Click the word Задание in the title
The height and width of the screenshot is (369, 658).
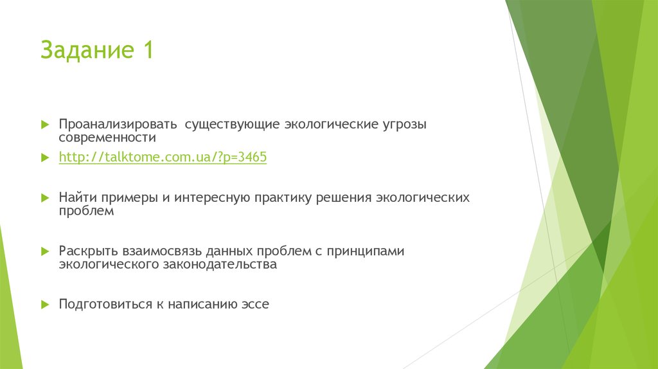pyautogui.click(x=84, y=50)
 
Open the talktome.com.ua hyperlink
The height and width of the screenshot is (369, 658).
pyautogui.click(x=163, y=157)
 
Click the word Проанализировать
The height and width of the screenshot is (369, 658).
pyautogui.click(x=117, y=123)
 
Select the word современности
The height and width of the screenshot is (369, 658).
pyautogui.click(x=107, y=138)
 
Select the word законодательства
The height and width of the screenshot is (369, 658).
pyautogui.click(x=220, y=264)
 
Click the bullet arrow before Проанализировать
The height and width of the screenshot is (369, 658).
pyautogui.click(x=44, y=123)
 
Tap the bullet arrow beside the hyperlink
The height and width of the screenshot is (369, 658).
pyautogui.click(x=44, y=157)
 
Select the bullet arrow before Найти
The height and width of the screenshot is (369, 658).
pyautogui.click(x=44, y=197)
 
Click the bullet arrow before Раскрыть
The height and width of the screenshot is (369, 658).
pyautogui.click(x=44, y=251)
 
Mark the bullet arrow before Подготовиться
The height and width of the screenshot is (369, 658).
pyautogui.click(x=44, y=304)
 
